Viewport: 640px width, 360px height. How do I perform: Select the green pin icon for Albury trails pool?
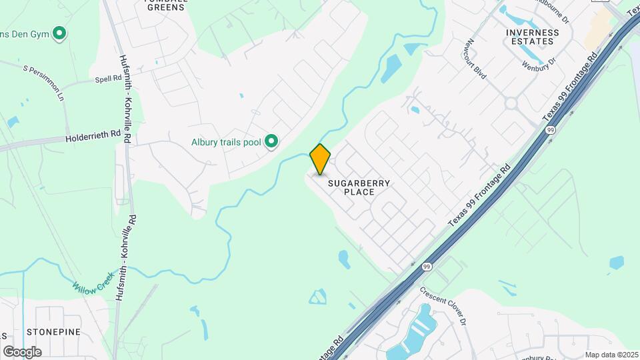[x=271, y=141]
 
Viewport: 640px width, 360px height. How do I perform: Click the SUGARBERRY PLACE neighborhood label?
[x=359, y=187]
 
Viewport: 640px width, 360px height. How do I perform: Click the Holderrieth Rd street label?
[x=93, y=138]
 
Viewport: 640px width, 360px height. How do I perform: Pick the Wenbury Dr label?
[x=539, y=65]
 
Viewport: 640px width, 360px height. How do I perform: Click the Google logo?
[x=22, y=351]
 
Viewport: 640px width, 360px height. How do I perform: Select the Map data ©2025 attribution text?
[x=611, y=355]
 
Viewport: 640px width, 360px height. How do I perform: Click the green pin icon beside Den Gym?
[x=59, y=32]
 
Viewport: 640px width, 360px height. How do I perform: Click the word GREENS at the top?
[x=165, y=8]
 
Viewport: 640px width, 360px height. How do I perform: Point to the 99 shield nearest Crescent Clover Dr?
[x=427, y=266]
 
